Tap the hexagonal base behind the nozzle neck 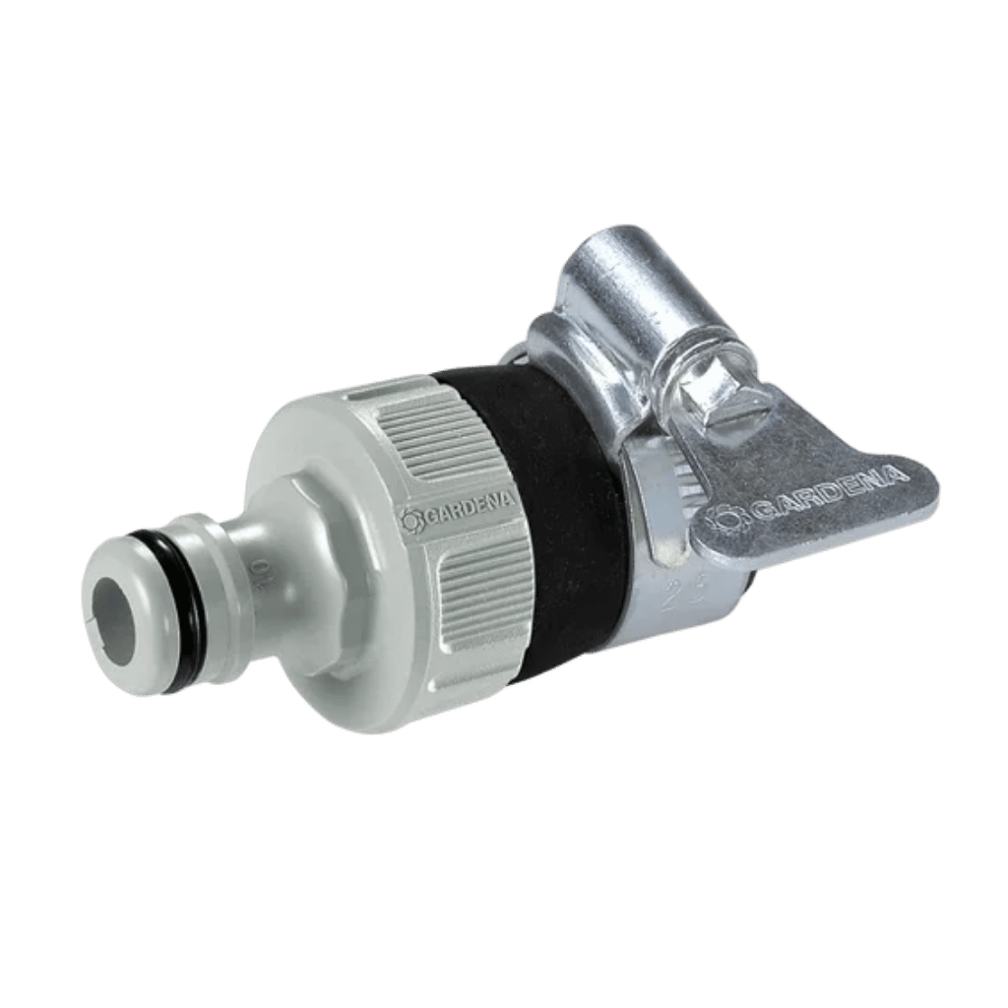315,571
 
